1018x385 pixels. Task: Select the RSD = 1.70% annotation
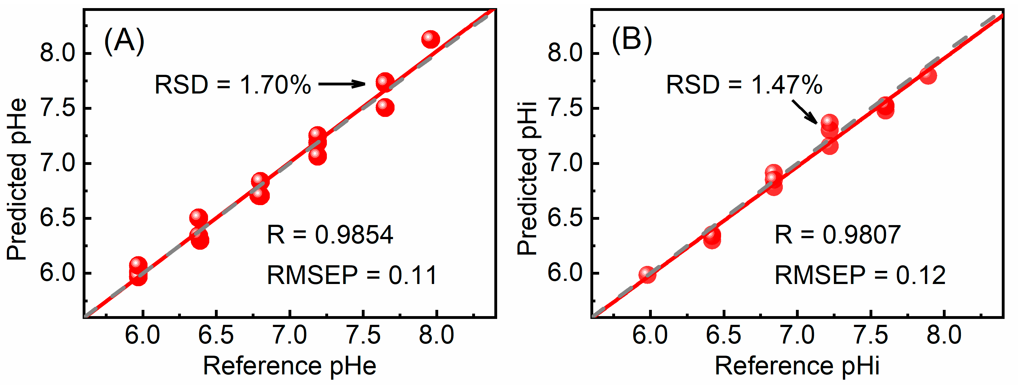pyautogui.click(x=233, y=84)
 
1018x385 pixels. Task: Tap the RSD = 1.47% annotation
pyautogui.click(x=744, y=84)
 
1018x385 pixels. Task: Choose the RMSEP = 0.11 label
pyautogui.click(x=352, y=275)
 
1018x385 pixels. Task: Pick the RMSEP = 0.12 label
pyautogui.click(x=860, y=275)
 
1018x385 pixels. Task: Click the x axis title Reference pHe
pyautogui.click(x=289, y=365)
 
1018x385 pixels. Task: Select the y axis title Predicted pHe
pyautogui.click(x=17, y=179)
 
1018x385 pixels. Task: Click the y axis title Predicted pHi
pyautogui.click(x=527, y=178)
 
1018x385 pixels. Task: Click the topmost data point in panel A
pyautogui.click(x=430, y=39)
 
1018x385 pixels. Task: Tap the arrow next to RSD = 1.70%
pyautogui.click(x=342, y=84)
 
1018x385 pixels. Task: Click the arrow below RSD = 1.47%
pyautogui.click(x=805, y=112)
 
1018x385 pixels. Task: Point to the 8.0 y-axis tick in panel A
pyautogui.click(x=58, y=53)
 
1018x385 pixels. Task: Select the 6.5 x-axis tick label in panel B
pyautogui.click(x=723, y=335)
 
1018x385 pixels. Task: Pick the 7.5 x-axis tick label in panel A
pyautogui.click(x=363, y=335)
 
